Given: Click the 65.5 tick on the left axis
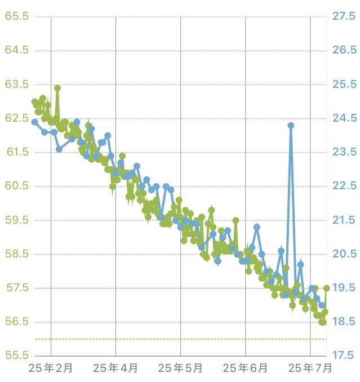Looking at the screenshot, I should [x=16, y=16].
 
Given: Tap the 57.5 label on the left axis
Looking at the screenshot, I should [x=16, y=288].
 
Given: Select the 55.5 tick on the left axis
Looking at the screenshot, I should [x=16, y=356].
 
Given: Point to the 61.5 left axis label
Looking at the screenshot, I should [x=16, y=152].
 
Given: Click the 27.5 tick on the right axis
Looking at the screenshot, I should [x=344, y=16].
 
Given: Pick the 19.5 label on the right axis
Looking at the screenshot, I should [x=344, y=288].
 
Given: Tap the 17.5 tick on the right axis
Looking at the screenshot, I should [x=344, y=356].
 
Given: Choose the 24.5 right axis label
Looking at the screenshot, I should [x=344, y=118].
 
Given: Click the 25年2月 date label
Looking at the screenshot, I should [x=51, y=368].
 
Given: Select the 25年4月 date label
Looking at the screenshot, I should [x=115, y=368].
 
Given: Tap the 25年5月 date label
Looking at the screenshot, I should [x=180, y=368].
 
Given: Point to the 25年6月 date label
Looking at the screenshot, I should [x=246, y=368].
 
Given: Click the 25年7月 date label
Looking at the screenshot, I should [x=310, y=368].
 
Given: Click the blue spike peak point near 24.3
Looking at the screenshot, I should [x=291, y=125].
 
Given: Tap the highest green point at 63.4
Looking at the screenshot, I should [x=57, y=88].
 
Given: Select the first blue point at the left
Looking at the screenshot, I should [x=34, y=122].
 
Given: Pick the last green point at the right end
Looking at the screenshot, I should [x=326, y=288].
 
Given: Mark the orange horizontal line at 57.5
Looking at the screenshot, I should [x=169, y=288].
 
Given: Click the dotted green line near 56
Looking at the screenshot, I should [x=169, y=339].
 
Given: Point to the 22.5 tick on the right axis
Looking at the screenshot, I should [x=344, y=186].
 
